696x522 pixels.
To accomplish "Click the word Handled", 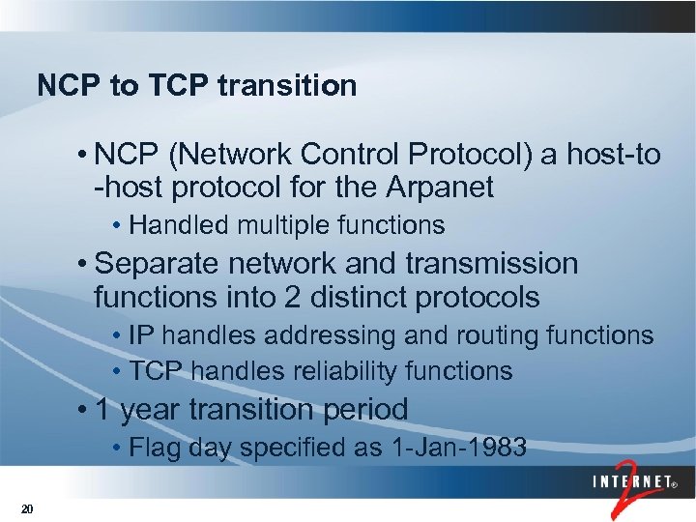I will click(x=173, y=226).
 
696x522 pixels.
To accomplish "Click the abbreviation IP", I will click(x=141, y=336).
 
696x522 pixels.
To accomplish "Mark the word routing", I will click(x=490, y=336).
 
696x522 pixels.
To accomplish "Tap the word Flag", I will click(x=155, y=448).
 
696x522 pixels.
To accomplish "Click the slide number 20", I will click(x=26, y=509).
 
